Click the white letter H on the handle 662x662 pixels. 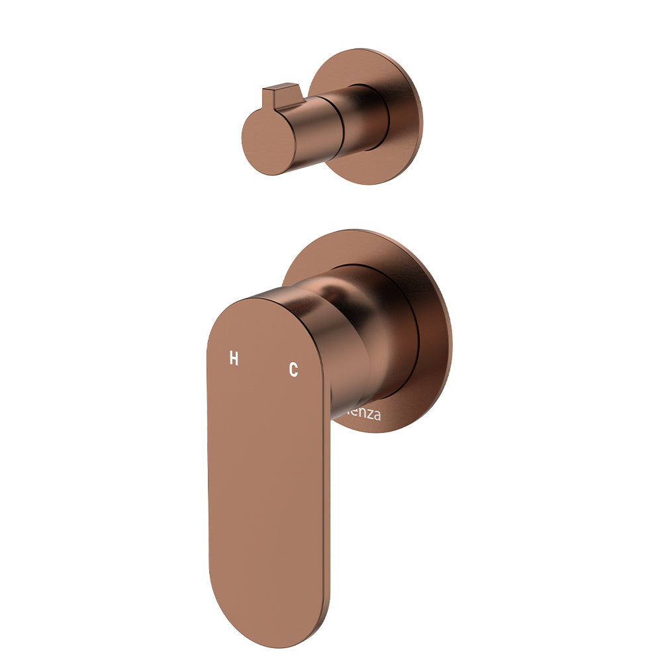coord(233,359)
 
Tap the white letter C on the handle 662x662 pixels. coord(293,369)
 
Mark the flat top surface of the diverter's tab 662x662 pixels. coord(281,87)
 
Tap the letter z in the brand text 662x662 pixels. coord(371,416)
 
